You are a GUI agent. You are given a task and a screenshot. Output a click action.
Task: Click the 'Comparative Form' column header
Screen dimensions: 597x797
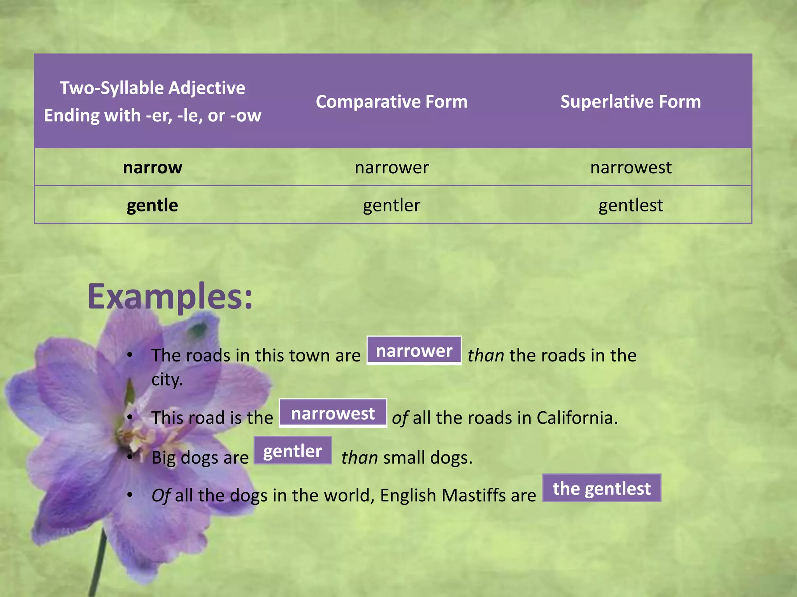[x=391, y=102]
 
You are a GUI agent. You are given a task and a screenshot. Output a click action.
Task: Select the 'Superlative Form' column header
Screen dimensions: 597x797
[x=630, y=102]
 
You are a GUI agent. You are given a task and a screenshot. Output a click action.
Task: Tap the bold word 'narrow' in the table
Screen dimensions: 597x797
[x=153, y=168]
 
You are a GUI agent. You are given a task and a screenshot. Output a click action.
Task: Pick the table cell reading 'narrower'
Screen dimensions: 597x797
[x=391, y=168]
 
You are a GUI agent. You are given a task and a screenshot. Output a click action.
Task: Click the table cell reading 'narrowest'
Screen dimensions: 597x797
[x=630, y=168]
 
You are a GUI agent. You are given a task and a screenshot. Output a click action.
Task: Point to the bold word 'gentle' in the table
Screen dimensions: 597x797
[x=153, y=205]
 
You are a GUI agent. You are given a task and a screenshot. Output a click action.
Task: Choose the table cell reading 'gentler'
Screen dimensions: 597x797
[x=391, y=205]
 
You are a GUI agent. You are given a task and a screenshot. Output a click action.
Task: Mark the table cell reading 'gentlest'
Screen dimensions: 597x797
[x=630, y=205]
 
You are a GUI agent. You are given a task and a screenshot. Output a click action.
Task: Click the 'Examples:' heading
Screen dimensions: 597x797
[x=170, y=297]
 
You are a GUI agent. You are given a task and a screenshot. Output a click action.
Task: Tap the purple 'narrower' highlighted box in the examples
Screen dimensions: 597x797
[x=414, y=351]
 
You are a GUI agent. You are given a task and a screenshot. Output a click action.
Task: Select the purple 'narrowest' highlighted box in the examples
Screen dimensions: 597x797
[x=333, y=413]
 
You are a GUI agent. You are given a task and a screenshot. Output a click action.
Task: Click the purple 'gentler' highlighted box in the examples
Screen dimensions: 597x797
[x=293, y=451]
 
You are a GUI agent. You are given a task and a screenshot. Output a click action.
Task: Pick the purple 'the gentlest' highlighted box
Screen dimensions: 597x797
[x=602, y=488]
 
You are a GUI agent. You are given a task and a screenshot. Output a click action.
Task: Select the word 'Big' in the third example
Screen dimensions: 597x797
[x=163, y=458]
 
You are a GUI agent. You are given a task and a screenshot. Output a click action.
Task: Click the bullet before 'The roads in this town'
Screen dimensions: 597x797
[x=130, y=355]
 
